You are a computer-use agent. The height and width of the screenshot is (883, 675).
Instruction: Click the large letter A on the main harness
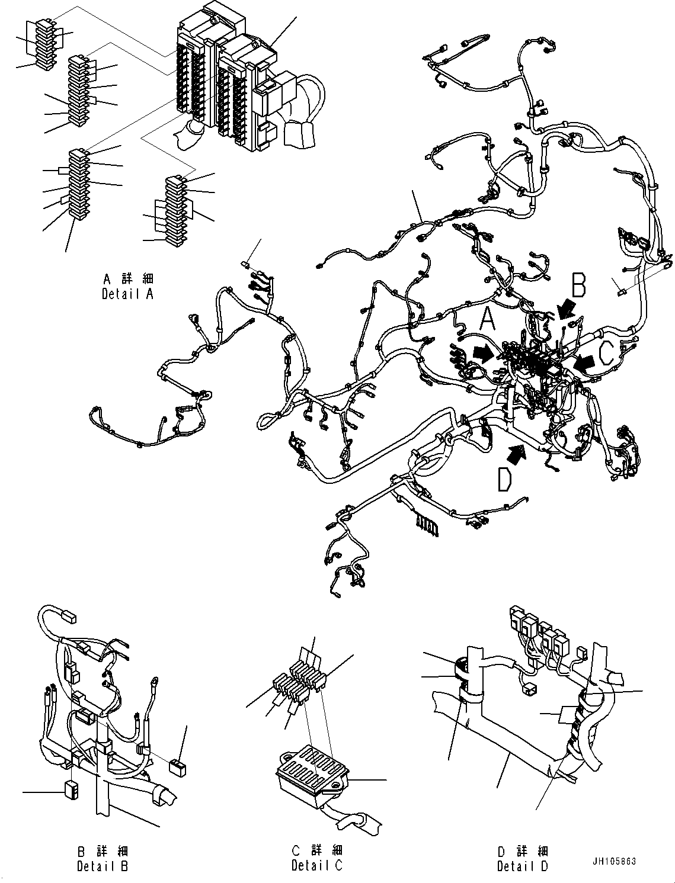pos(487,318)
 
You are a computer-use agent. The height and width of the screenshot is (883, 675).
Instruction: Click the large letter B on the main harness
pos(578,285)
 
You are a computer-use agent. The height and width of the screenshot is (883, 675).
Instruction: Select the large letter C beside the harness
pos(607,353)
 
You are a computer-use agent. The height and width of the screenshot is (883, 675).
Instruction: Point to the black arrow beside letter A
pos(482,352)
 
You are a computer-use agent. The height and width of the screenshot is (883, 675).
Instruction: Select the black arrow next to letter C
pos(585,361)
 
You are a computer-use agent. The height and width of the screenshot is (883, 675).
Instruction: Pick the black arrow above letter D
pos(516,455)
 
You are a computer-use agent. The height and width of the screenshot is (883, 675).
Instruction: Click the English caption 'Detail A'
pos(127,294)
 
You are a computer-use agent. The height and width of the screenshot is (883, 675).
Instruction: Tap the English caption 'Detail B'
pos(103,866)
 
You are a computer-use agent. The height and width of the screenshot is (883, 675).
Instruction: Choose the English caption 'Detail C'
pos(317,865)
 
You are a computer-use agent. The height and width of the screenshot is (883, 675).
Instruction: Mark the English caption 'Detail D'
pos(522,866)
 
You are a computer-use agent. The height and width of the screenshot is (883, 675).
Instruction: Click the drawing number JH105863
pos(614,862)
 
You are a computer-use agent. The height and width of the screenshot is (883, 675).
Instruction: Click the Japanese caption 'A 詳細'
pos(129,278)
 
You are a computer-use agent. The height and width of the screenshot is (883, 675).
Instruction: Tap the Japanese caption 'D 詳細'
pos(523,851)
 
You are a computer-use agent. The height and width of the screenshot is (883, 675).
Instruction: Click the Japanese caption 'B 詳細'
pos(103,851)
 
